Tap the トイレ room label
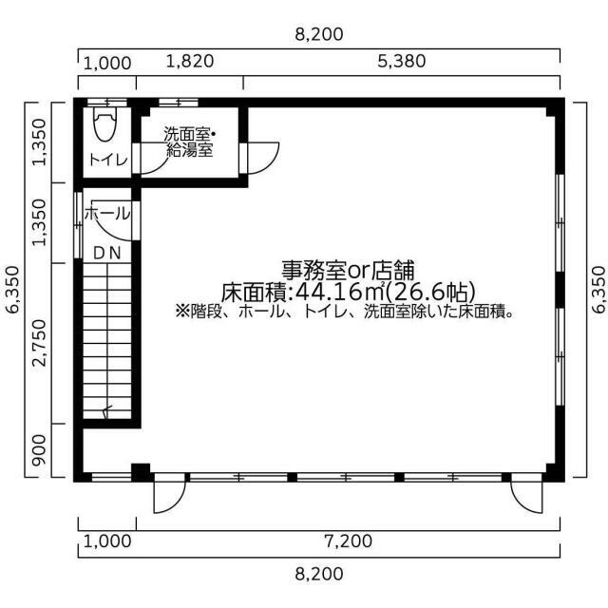click(x=108, y=160)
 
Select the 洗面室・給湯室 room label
click(x=190, y=142)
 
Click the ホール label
click(x=106, y=213)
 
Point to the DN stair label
click(x=107, y=254)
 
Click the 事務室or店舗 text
click(x=348, y=271)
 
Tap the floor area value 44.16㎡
click(x=341, y=292)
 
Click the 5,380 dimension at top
click(x=402, y=61)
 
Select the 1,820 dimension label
click(x=190, y=61)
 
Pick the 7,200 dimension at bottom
click(x=349, y=541)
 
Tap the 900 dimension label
click(x=39, y=450)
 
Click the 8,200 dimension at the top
click(x=319, y=34)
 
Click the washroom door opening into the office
click(x=259, y=159)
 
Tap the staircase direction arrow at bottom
click(x=106, y=411)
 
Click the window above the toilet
click(x=107, y=103)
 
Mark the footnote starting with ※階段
click(x=345, y=312)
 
